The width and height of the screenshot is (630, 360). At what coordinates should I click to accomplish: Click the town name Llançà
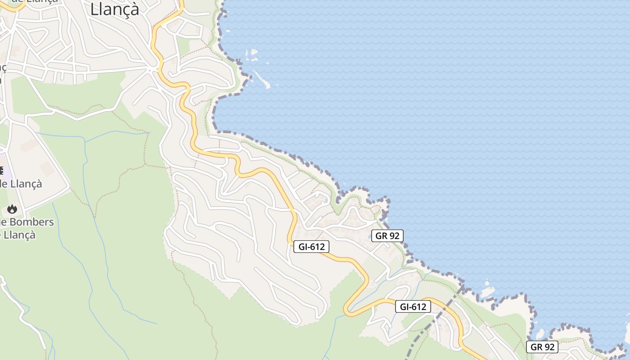[x=115, y=9]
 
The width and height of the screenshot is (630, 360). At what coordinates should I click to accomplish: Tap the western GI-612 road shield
[x=311, y=246]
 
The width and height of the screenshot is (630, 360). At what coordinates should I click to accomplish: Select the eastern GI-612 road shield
[x=413, y=307]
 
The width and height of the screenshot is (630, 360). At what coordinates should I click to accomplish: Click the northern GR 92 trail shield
[x=387, y=235]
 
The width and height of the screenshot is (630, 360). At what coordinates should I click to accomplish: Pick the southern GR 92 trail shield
[x=542, y=347]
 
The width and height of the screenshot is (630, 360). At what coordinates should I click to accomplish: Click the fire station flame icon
[x=12, y=209]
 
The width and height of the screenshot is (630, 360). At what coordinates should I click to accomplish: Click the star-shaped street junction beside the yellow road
[x=151, y=70]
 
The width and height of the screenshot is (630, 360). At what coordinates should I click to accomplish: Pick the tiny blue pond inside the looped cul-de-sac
[x=325, y=200]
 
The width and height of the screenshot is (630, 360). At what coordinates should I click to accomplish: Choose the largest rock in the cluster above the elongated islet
[x=253, y=53]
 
